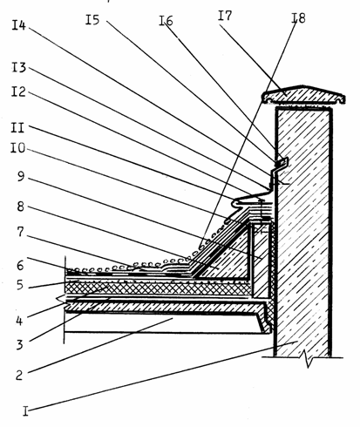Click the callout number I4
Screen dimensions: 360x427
click(x=18, y=25)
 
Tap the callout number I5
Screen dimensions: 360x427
click(x=92, y=20)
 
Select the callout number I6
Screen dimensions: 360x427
click(x=166, y=21)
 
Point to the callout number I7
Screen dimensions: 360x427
click(x=225, y=16)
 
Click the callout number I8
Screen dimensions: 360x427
click(x=298, y=18)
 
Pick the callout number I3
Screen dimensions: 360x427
click(x=19, y=67)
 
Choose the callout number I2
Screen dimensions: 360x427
click(x=18, y=91)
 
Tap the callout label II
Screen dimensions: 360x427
click(x=17, y=127)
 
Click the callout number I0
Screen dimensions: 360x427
click(x=18, y=148)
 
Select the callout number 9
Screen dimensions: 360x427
click(x=20, y=176)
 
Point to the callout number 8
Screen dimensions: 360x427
click(x=20, y=207)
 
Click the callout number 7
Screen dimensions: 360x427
click(x=20, y=232)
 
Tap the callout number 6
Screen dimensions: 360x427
click(x=20, y=265)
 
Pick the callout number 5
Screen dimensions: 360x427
click(x=19, y=285)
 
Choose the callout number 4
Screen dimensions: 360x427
click(x=19, y=321)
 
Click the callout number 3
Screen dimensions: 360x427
click(x=19, y=345)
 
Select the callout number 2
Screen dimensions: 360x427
click(x=19, y=376)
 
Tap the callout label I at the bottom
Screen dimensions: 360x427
click(x=25, y=411)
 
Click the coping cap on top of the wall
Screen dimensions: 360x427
click(x=303, y=95)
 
